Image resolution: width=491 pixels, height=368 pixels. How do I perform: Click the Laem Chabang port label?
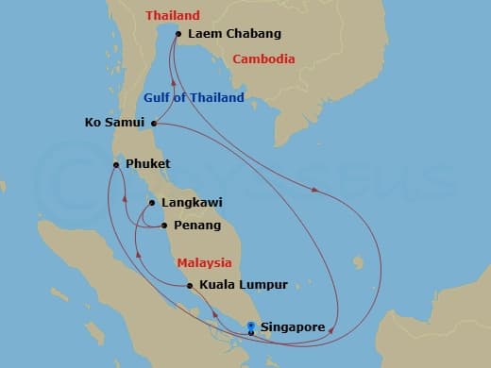tap(234, 35)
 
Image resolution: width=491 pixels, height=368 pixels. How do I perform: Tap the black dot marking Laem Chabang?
tap(178, 35)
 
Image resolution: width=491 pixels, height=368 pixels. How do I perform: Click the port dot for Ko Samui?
tap(153, 123)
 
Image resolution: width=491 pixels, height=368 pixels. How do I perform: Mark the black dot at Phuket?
tap(116, 165)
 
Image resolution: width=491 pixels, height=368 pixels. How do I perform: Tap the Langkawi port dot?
tap(151, 203)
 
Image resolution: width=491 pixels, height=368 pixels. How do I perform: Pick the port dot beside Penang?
tap(164, 226)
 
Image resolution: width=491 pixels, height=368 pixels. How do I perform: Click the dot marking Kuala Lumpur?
tap(190, 285)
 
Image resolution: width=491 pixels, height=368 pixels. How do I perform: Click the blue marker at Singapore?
tap(250, 326)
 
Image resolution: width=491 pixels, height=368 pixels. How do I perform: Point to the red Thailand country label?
tap(173, 16)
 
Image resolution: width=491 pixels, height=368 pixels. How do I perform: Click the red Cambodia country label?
tap(264, 59)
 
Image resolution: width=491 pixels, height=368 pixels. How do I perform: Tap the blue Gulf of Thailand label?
tap(194, 98)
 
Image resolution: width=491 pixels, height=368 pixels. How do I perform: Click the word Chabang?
tap(254, 35)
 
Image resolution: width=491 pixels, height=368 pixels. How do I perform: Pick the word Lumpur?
tap(263, 284)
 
